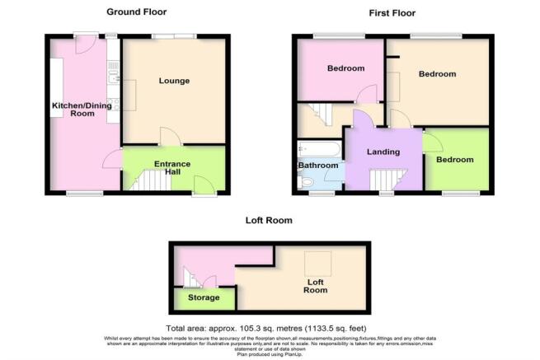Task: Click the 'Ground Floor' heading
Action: point(136,12)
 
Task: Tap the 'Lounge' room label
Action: point(175,81)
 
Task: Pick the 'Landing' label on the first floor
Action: point(383,152)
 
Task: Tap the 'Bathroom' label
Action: point(319,166)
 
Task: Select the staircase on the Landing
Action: point(383,180)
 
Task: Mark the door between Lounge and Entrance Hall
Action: point(167,136)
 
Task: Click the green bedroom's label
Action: point(455,160)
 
